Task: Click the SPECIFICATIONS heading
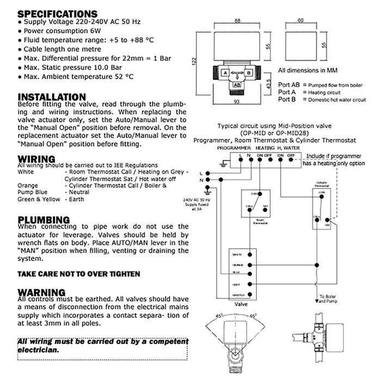coord(57,14)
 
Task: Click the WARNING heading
coord(41,292)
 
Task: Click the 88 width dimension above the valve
coord(237,20)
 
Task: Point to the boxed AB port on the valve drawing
coord(237,84)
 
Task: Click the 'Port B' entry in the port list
coord(287,99)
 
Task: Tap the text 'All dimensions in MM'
coord(308,70)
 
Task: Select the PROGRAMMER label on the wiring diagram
coord(233,148)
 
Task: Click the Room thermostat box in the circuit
coord(256,204)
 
